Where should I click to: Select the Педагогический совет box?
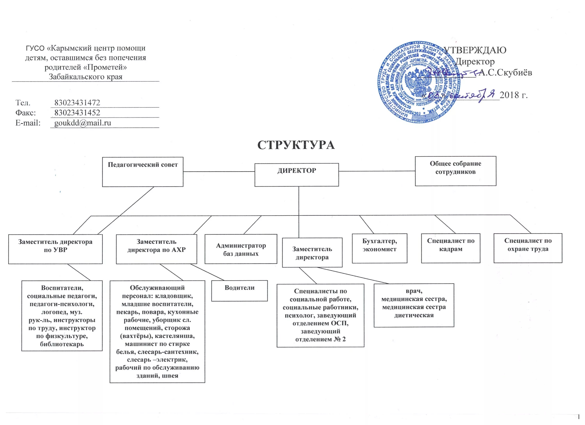click(x=143, y=172)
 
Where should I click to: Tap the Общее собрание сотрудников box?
click(x=456, y=171)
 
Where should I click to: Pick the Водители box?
click(x=239, y=291)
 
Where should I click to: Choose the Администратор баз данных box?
click(x=241, y=249)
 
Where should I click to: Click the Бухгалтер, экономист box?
click(x=379, y=248)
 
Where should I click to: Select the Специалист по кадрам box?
click(x=451, y=248)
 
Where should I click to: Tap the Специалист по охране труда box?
click(x=528, y=248)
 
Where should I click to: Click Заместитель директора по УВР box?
click(x=55, y=249)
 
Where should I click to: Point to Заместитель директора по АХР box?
click(x=156, y=249)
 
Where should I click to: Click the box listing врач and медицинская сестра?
click(x=414, y=305)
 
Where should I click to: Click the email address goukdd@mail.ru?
click(x=82, y=123)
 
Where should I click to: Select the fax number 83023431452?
click(x=77, y=113)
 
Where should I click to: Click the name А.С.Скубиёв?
click(x=505, y=73)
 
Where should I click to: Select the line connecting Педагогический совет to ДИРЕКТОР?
click(x=219, y=171)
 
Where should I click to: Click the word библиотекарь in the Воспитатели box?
click(x=62, y=344)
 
